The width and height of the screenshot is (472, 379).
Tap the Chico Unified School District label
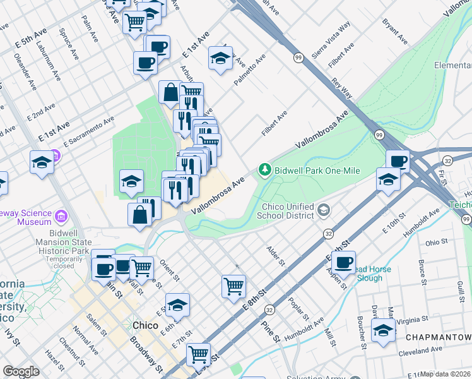(286, 211)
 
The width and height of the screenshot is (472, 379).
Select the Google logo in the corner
(21, 371)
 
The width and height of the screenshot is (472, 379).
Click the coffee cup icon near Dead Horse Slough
(344, 262)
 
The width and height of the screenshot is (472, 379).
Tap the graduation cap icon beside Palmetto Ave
(220, 59)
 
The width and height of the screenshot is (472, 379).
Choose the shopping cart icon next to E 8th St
(233, 286)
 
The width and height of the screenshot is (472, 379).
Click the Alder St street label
(276, 256)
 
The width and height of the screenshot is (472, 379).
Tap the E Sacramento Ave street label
(88, 126)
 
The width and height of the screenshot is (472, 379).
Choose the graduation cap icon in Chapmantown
(382, 330)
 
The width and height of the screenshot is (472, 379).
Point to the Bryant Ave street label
(395, 31)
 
